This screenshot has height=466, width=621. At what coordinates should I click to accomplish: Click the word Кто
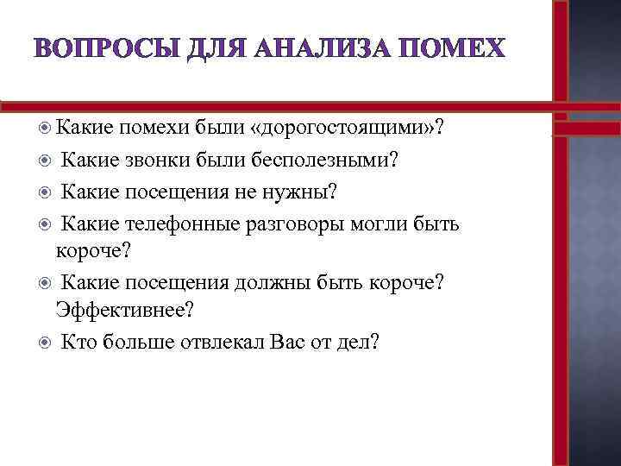(78, 341)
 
